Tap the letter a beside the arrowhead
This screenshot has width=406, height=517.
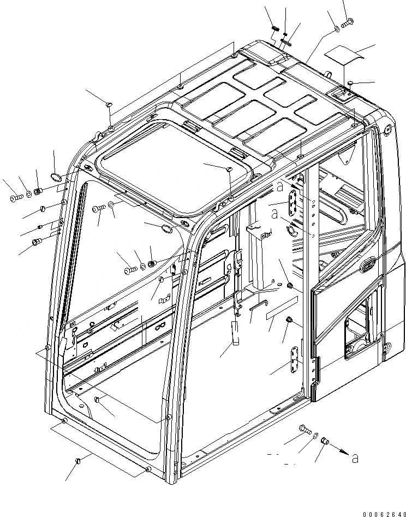point(356,458)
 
